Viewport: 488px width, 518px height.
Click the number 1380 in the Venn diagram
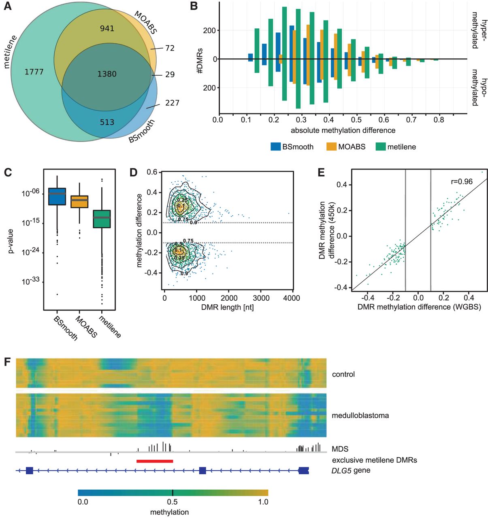tap(107, 74)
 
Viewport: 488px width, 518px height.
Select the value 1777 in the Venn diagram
tap(34, 72)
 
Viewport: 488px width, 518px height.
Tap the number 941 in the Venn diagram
tap(107, 28)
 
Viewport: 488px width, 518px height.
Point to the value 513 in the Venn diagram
tap(107, 122)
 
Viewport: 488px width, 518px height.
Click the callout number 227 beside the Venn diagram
tap(172, 103)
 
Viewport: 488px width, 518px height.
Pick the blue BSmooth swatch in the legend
tap(276, 146)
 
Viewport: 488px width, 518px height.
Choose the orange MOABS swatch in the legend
tap(331, 146)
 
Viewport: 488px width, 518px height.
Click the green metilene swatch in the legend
tap(381, 146)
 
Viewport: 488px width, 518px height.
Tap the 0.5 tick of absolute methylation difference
tap(356, 120)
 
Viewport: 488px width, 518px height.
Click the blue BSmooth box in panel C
tap(57, 196)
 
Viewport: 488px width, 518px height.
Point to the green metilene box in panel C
tap(102, 219)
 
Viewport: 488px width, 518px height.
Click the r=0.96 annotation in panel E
tap(462, 182)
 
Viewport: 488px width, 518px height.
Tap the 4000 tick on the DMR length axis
tap(292, 298)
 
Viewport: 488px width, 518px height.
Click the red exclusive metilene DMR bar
tap(155, 461)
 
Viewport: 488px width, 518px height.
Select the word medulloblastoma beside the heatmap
tap(360, 415)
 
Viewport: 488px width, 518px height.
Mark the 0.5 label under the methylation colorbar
tap(173, 502)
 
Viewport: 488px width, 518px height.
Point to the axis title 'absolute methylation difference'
tap(343, 130)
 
